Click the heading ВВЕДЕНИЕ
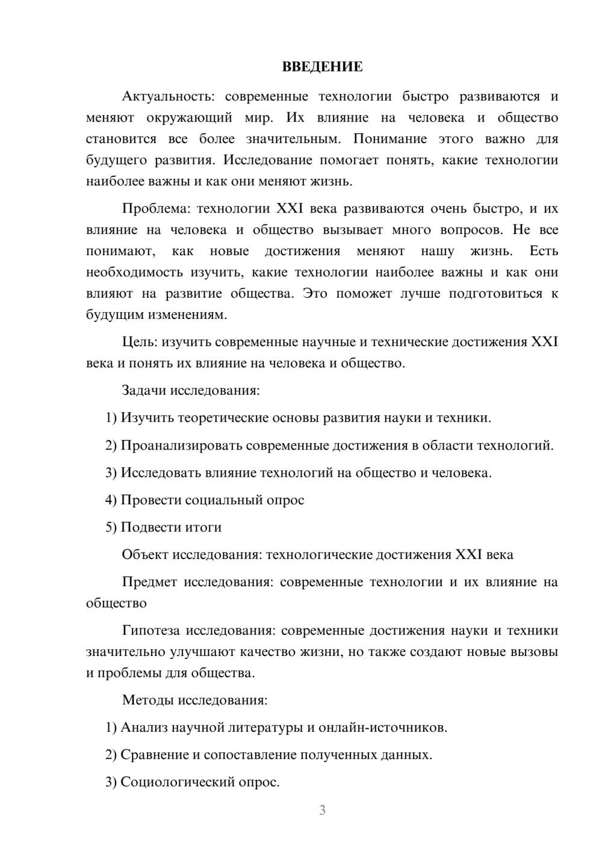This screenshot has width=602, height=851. [x=322, y=67]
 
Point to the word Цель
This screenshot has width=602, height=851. [x=139, y=342]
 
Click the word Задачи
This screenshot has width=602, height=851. [x=144, y=391]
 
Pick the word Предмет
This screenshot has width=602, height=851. [x=149, y=582]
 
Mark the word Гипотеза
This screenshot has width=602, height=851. [x=150, y=631]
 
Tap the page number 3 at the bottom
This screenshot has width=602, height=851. [x=322, y=810]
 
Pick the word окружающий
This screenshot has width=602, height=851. [x=189, y=117]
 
